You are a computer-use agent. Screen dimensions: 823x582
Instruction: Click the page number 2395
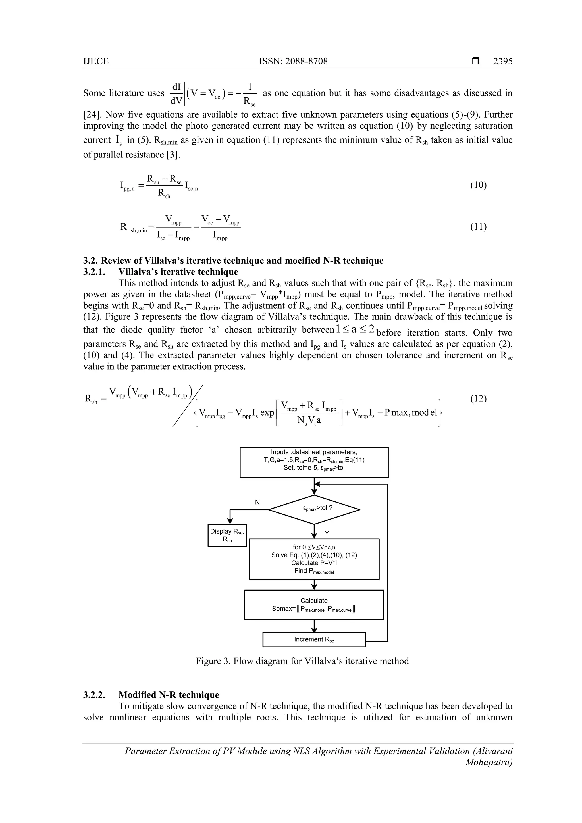[x=503, y=61]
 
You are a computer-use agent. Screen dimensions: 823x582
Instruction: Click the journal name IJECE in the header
[x=96, y=61]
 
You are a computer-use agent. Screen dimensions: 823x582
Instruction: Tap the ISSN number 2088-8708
[x=293, y=61]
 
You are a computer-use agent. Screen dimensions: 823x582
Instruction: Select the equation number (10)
[x=478, y=185]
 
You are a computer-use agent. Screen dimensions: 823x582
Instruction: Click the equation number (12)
[x=478, y=399]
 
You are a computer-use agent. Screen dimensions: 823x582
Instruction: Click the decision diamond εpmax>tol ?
[x=314, y=509]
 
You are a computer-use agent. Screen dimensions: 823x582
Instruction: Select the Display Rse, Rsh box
[x=227, y=535]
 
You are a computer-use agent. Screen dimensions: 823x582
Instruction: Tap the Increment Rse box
[x=314, y=639]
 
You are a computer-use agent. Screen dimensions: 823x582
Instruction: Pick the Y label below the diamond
[x=327, y=533]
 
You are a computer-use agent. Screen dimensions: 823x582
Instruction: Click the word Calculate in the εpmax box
[x=314, y=600]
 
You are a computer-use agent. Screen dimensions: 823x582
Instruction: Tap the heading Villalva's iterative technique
[x=178, y=272]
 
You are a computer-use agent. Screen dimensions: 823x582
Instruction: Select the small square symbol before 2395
[x=475, y=61]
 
